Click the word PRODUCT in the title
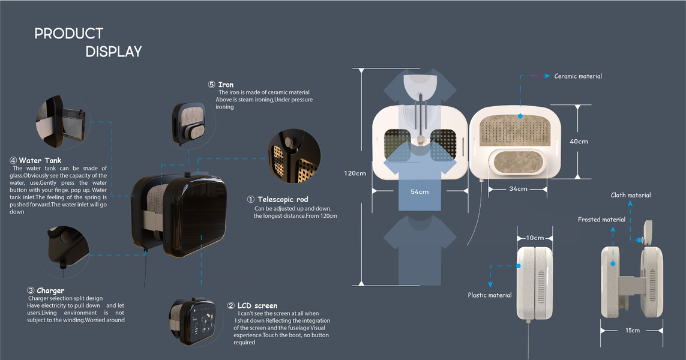(68, 34)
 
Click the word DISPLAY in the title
(113, 52)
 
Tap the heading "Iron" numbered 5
(226, 85)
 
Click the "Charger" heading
(50, 290)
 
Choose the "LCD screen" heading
(257, 306)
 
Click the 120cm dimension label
(355, 173)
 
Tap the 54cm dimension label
(420, 192)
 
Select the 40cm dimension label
(579, 142)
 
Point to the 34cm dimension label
(518, 189)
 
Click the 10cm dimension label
(534, 237)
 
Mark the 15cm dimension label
(632, 330)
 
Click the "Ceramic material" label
(578, 76)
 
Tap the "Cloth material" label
(630, 195)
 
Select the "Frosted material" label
(601, 220)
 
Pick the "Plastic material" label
(490, 295)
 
